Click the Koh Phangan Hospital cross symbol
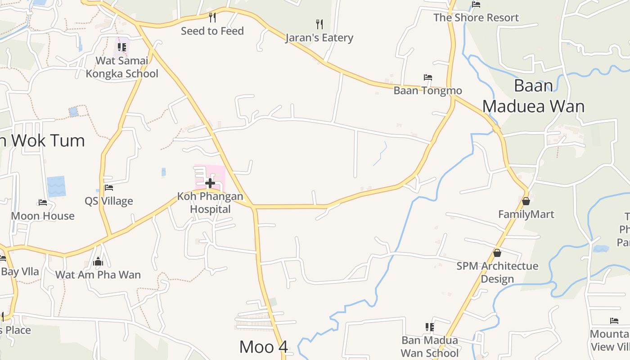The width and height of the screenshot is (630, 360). coord(210,183)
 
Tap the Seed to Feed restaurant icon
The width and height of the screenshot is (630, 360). coord(212,18)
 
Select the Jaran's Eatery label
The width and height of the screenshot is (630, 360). coord(319,38)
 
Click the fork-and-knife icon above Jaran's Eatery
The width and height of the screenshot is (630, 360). coord(319,24)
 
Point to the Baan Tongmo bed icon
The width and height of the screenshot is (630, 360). coord(428,78)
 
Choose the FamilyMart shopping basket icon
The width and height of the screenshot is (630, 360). coord(526,201)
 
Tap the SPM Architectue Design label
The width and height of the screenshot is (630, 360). coord(497,272)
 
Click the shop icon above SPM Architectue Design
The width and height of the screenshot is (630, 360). coord(497,253)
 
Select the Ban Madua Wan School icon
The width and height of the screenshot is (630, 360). coord(430,327)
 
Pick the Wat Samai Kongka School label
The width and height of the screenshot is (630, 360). coord(122,67)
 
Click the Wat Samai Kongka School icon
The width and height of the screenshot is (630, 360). coord(122,47)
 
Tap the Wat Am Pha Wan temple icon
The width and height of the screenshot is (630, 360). coord(98,262)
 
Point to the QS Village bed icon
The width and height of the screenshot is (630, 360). coord(108,188)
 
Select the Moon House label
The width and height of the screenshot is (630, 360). coord(43,216)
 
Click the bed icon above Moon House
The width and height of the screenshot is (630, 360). coord(43,202)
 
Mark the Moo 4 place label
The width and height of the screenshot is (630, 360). coord(263,347)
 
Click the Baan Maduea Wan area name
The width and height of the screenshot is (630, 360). coord(533,96)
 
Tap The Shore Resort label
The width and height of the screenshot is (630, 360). coord(476,18)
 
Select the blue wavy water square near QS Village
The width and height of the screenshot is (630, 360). coord(56,186)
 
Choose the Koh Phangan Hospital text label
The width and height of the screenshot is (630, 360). coord(210,203)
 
